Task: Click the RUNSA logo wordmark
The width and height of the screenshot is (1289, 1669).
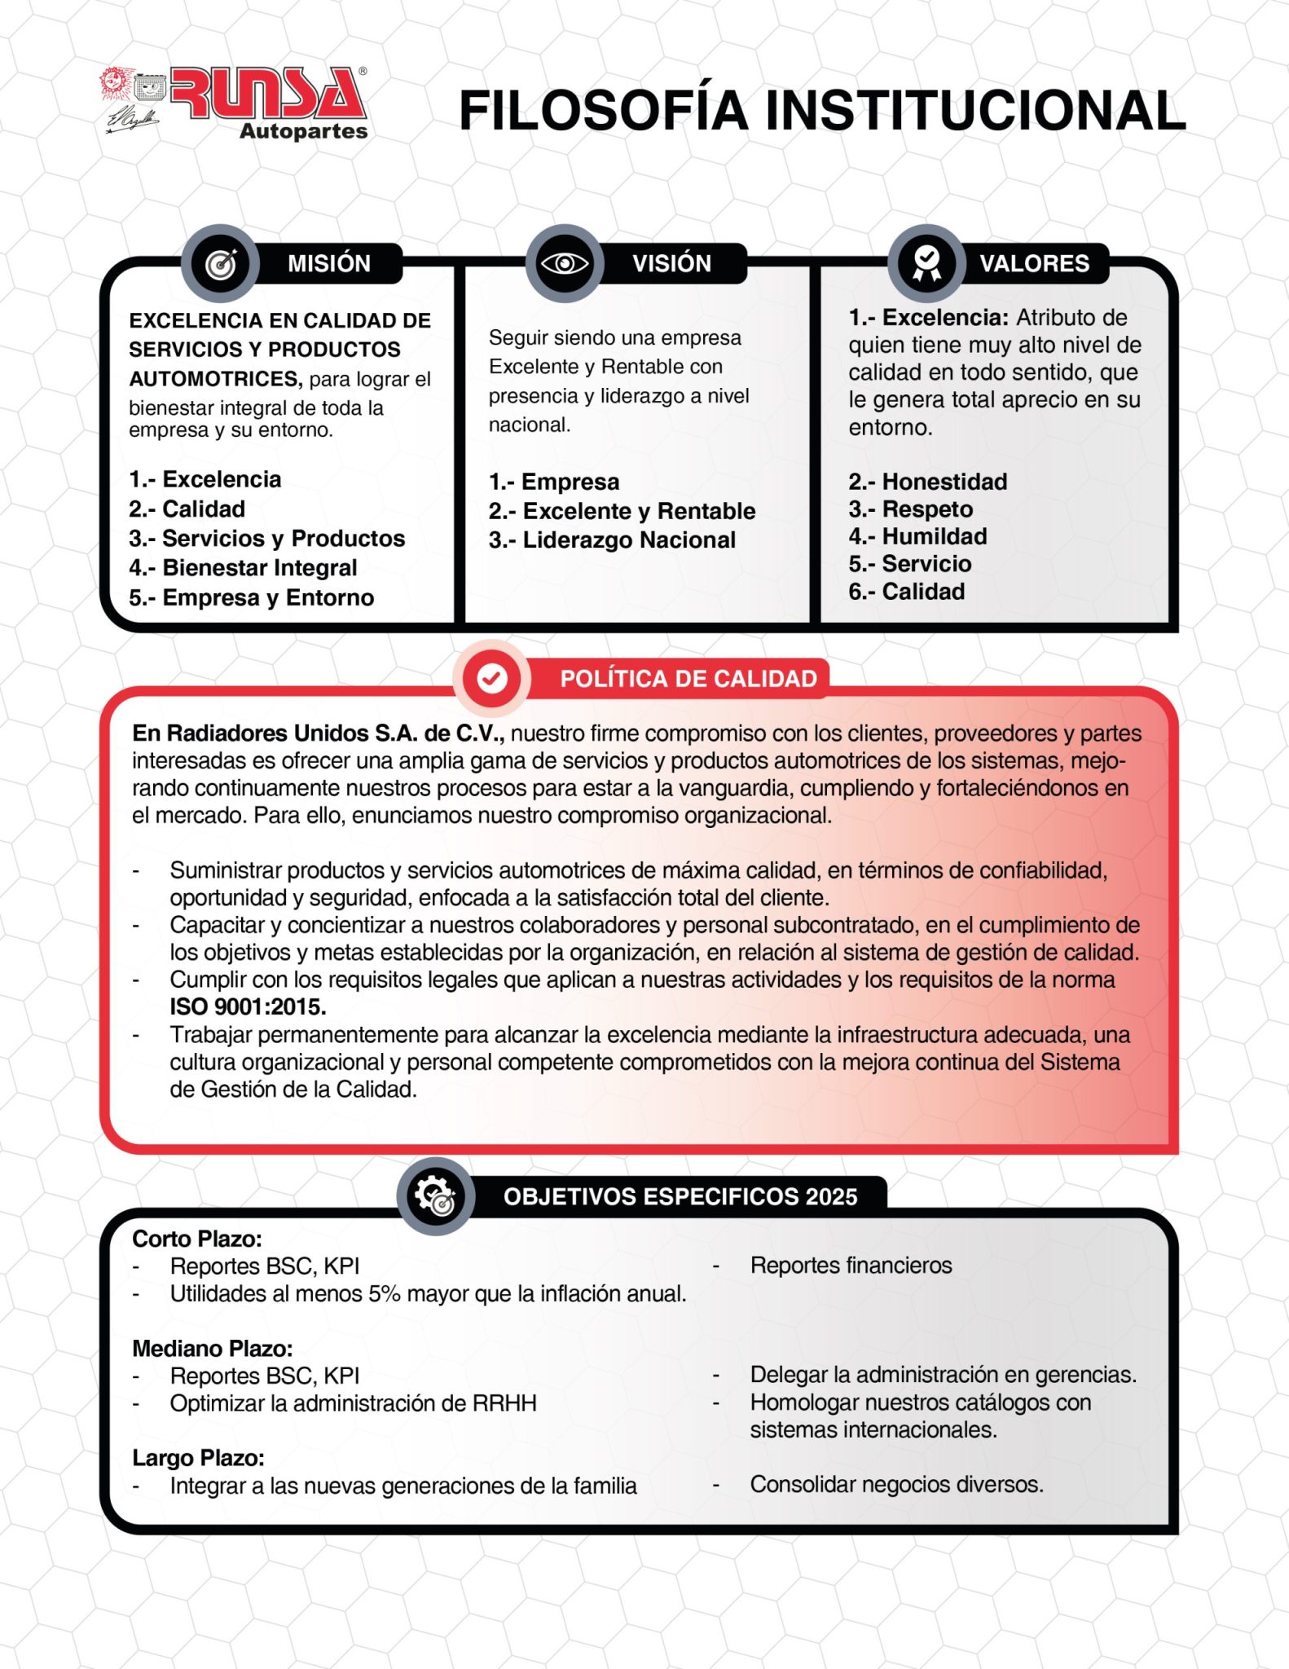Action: click(x=267, y=94)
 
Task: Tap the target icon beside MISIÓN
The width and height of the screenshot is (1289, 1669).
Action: click(x=220, y=263)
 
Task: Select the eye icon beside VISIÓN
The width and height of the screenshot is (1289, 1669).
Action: click(x=565, y=263)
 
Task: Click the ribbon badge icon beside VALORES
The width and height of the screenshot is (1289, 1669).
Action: click(x=926, y=263)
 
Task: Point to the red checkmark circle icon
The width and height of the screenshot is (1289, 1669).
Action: click(x=491, y=678)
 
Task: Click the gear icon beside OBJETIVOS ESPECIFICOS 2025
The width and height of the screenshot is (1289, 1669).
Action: click(x=435, y=1196)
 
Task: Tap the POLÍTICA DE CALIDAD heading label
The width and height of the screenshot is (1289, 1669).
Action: click(x=688, y=679)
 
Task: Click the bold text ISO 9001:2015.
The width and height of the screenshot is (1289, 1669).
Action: click(x=248, y=1007)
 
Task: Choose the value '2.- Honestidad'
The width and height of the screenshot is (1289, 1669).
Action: click(x=927, y=482)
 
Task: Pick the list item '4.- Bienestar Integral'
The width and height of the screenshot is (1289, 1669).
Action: click(x=243, y=568)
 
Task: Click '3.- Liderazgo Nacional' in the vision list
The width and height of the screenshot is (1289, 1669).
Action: click(x=612, y=540)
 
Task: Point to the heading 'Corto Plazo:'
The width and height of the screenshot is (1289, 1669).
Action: click(x=197, y=1239)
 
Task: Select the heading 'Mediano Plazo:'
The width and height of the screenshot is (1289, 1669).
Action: click(x=212, y=1348)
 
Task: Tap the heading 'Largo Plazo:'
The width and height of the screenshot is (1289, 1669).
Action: click(x=198, y=1458)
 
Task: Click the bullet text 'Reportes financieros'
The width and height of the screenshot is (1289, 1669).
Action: click(x=851, y=1266)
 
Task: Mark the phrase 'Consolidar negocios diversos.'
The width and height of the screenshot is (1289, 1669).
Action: click(x=896, y=1485)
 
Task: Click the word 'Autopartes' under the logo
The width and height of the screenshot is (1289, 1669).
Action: click(x=303, y=131)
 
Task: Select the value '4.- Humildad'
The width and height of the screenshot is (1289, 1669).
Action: click(x=917, y=536)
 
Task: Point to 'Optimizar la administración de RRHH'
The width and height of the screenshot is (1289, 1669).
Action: click(x=353, y=1403)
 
